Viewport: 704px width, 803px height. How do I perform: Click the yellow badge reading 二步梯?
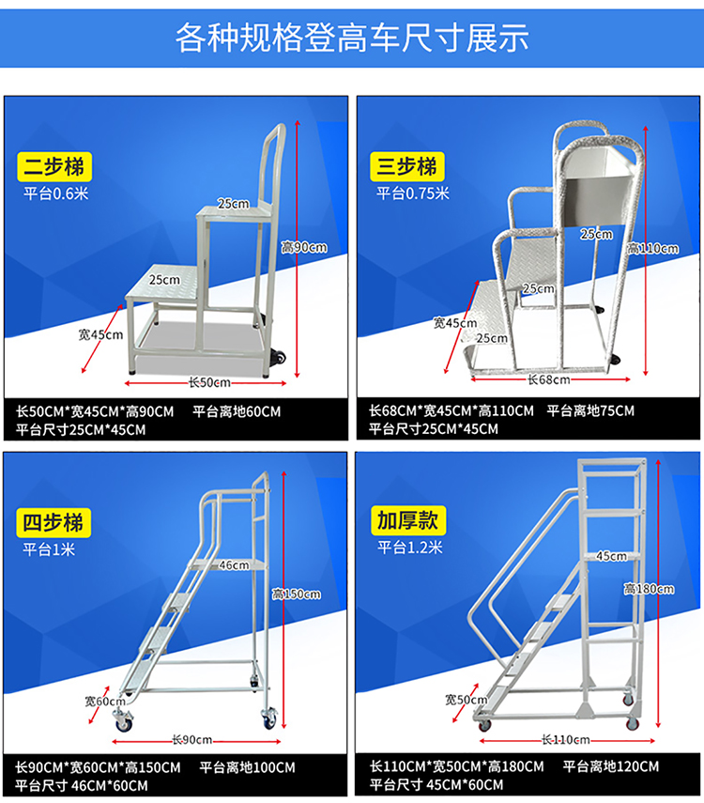(54, 166)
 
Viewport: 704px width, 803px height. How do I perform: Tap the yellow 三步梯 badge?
(407, 166)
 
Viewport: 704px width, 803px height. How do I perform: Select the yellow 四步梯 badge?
(54, 523)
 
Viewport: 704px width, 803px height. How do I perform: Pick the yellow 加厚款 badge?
(408, 521)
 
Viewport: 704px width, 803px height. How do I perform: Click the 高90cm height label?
(304, 247)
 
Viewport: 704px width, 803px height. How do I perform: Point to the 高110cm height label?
(653, 248)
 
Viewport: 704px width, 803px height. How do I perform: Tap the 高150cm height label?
(297, 595)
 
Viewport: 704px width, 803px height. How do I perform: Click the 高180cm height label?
(650, 589)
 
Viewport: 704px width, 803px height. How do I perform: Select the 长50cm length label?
(209, 382)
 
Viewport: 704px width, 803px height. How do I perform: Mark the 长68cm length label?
(549, 379)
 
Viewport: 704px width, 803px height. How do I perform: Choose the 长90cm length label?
(192, 739)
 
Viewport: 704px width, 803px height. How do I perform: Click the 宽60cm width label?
(105, 701)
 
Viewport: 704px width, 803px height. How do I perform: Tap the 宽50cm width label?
(467, 699)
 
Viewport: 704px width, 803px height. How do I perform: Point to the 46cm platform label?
(234, 564)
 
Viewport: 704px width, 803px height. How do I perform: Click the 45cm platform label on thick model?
(611, 556)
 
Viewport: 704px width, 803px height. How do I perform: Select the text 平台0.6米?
(55, 193)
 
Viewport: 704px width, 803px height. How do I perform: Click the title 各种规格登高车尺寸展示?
(352, 38)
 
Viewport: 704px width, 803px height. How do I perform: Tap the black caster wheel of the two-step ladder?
(279, 357)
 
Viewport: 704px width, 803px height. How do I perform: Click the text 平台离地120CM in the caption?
(611, 766)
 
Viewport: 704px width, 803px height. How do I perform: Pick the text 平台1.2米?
(410, 548)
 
